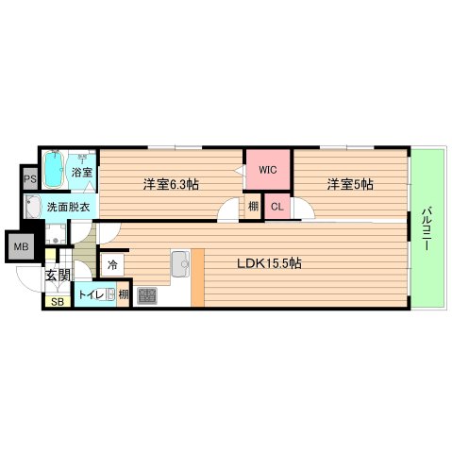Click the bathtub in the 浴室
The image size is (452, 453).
54,169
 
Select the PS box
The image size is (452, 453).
29,177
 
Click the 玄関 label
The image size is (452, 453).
57,276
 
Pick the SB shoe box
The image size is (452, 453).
57,302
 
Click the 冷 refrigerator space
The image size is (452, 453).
112,265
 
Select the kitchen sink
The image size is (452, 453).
180,265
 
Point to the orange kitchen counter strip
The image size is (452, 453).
197,277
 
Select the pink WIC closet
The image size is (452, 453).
268,171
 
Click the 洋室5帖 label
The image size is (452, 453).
350,184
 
